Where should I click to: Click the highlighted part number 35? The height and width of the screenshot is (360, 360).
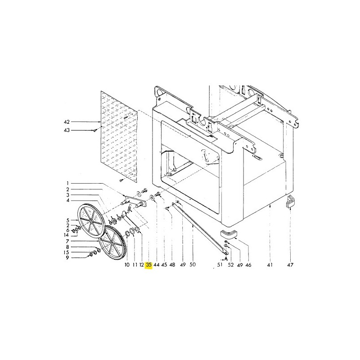pyautogui.click(x=149, y=265)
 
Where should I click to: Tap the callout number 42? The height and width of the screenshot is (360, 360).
pyautogui.click(x=67, y=122)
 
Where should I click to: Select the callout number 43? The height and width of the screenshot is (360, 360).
pyautogui.click(x=67, y=130)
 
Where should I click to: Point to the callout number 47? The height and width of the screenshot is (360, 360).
pyautogui.click(x=290, y=265)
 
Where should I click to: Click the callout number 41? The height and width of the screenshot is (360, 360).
pyautogui.click(x=270, y=265)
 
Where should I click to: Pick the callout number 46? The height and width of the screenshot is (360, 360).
pyautogui.click(x=248, y=265)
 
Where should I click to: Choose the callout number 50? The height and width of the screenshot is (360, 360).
pyautogui.click(x=193, y=264)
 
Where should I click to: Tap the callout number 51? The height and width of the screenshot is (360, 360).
pyautogui.click(x=220, y=265)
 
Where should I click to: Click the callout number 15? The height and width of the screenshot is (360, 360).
pyautogui.click(x=66, y=252)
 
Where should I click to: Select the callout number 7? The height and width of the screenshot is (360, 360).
pyautogui.click(x=67, y=241)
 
